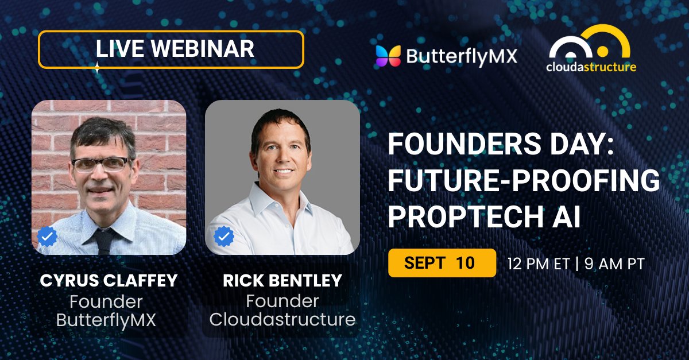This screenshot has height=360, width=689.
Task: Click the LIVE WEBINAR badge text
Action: coord(175,49)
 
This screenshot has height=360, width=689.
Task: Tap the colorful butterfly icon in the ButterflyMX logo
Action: coord(388,55)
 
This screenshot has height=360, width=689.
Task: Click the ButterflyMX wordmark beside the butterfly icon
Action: coord(461,56)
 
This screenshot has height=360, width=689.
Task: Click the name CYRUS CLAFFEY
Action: coord(109,281)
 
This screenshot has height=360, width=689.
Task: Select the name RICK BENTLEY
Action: coord(282,281)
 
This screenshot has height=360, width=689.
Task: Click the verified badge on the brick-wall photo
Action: coord(48,237)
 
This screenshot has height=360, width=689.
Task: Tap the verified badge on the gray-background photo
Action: coord(223,237)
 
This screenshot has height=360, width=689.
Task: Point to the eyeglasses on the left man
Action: coord(101,164)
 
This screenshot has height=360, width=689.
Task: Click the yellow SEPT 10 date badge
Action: coord(442,263)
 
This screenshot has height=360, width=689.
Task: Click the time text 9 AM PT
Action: coord(614,264)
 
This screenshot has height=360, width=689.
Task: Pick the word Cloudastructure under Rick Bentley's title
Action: coord(282,319)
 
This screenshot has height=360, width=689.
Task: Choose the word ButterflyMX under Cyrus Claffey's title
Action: coord(106,319)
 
